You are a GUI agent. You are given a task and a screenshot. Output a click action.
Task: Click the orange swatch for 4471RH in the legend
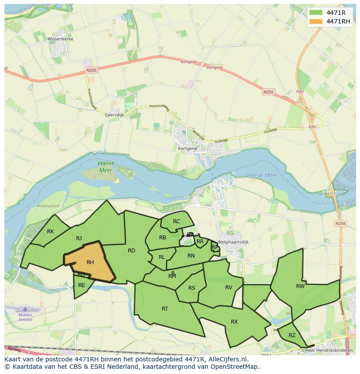point(317,21)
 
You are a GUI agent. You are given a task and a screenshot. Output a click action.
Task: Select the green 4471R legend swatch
point(317,12)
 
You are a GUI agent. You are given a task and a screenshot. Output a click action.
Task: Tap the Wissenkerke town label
point(60,39)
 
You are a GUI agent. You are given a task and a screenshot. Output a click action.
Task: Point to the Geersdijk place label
point(114,115)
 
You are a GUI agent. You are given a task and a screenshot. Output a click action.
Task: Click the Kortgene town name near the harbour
point(187,148)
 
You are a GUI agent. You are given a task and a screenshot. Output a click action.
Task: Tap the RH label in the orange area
point(90,262)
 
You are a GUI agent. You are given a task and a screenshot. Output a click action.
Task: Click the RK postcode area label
point(50,231)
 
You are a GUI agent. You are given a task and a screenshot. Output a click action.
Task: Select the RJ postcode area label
point(79,238)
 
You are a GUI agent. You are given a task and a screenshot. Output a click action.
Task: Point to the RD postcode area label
point(131,250)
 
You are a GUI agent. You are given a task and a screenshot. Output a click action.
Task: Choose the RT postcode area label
point(165,308)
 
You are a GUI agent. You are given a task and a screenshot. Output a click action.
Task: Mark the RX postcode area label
point(234,321)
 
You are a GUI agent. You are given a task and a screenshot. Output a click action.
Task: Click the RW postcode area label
point(300,286)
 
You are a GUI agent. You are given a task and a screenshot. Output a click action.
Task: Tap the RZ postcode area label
point(292,335)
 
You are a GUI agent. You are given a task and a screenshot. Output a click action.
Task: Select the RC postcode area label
point(176,221)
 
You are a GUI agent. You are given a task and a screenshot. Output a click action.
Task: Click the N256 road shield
point(340,223)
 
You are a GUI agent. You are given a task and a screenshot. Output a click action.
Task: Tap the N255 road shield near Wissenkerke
point(91,70)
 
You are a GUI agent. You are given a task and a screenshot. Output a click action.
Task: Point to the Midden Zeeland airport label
point(25,317)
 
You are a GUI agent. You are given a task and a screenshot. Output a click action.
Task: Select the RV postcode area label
point(229,287)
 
